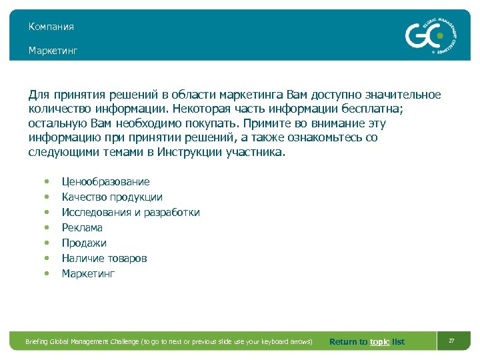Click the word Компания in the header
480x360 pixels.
click(51, 27)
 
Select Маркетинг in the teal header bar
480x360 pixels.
click(53, 51)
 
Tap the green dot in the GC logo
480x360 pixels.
click(439, 35)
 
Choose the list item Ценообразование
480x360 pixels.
click(105, 182)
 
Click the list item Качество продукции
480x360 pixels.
click(112, 197)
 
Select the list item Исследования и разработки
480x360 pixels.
click(131, 213)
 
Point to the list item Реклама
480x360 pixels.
click(82, 228)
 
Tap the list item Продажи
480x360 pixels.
click(84, 243)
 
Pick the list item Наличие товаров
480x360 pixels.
click(104, 259)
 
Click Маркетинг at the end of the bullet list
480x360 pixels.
click(88, 274)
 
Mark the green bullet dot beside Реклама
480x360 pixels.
click(46, 228)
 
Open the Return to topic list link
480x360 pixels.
click(367, 342)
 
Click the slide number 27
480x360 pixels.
click(451, 341)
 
